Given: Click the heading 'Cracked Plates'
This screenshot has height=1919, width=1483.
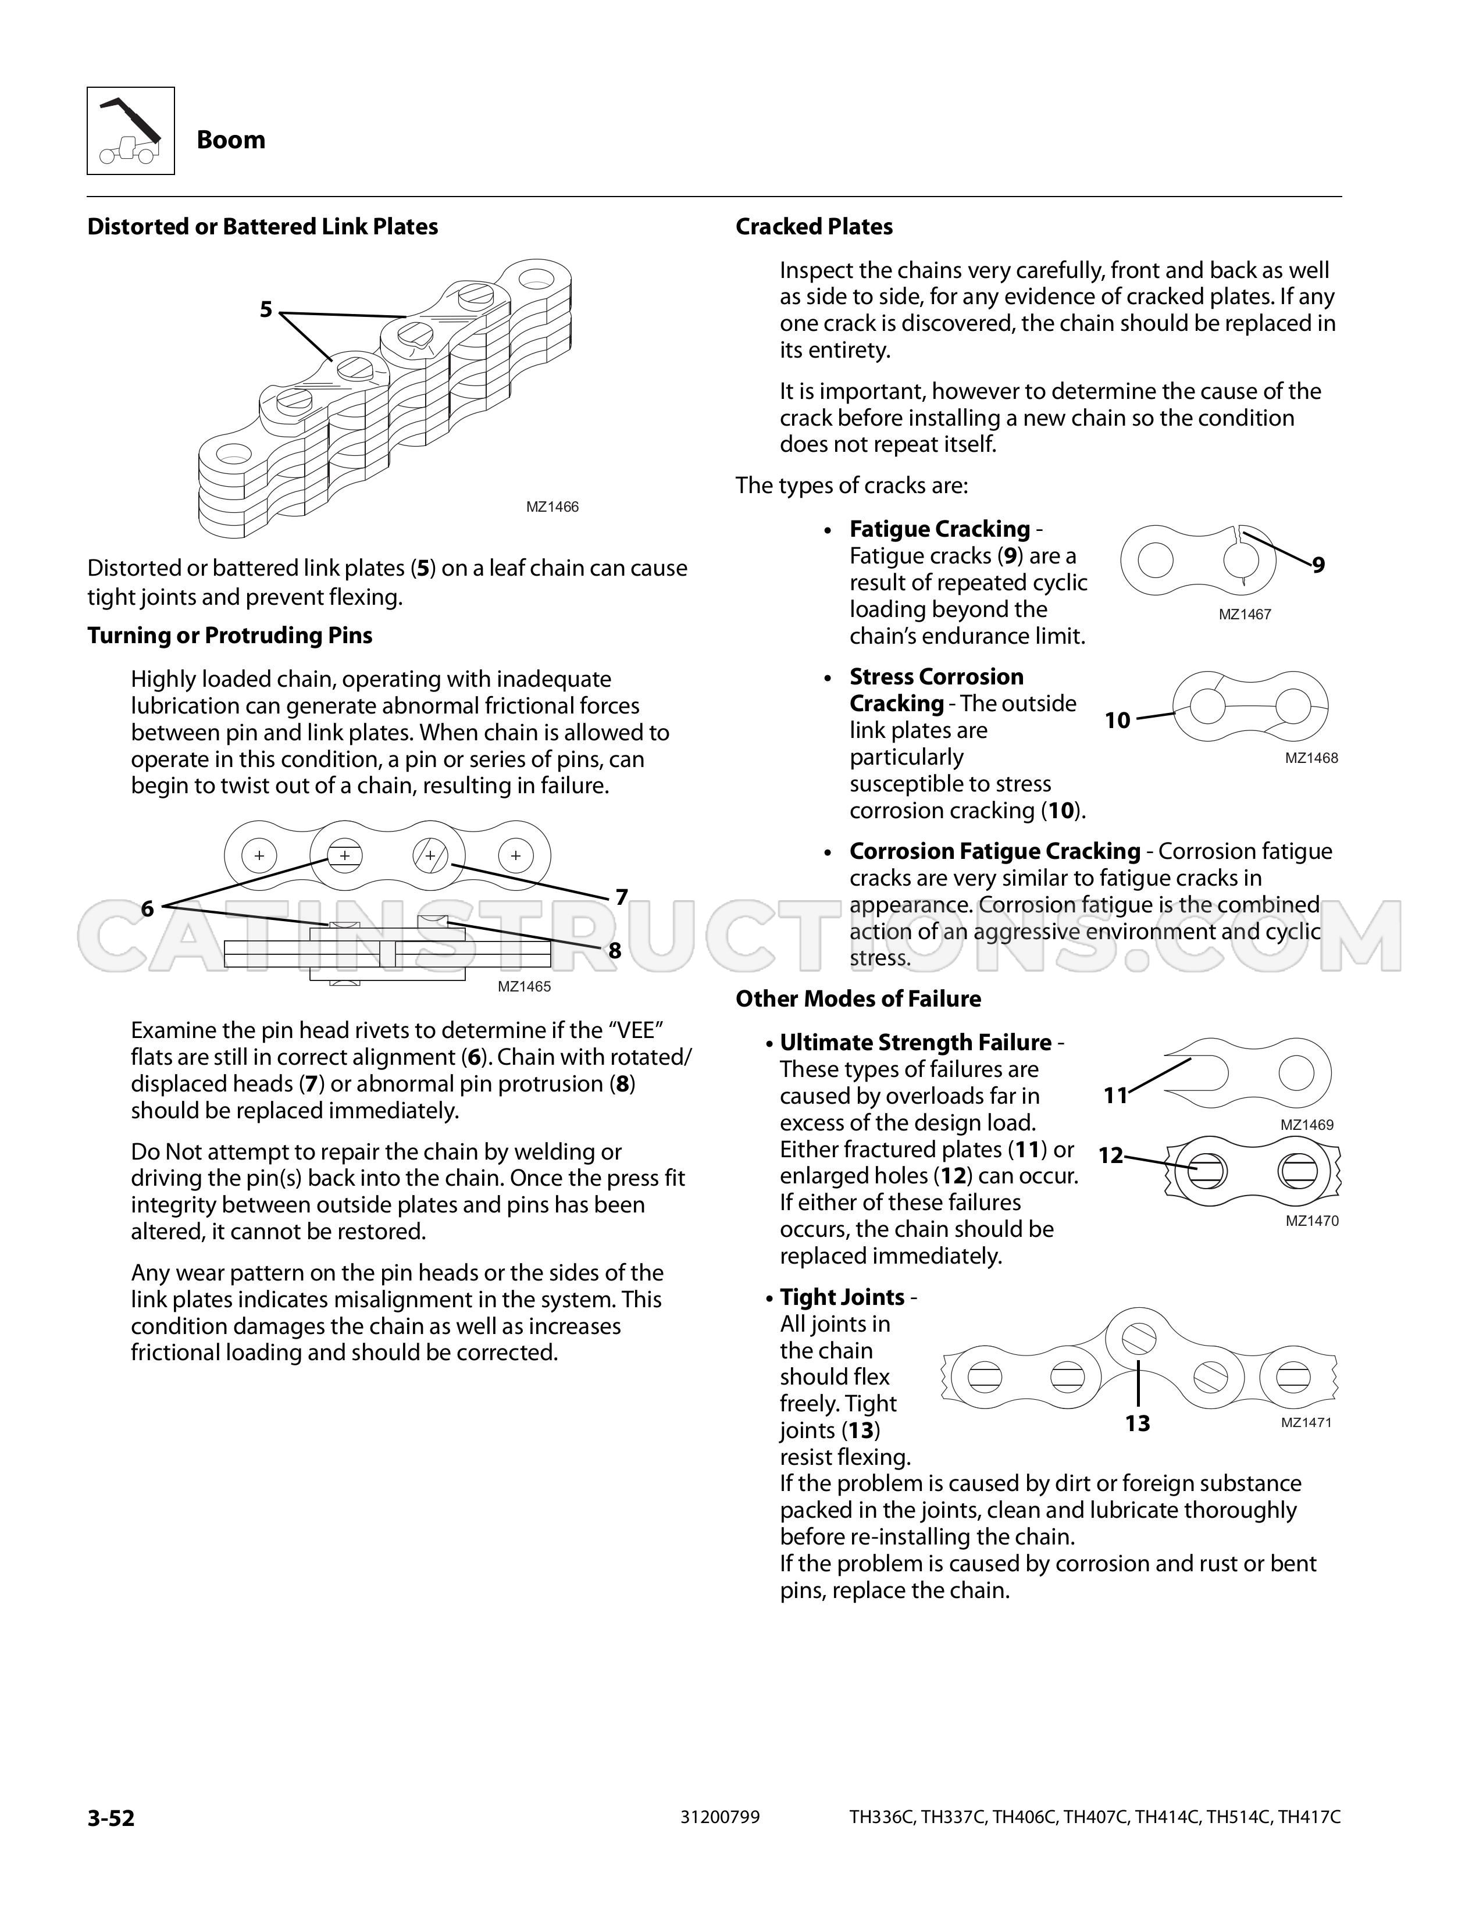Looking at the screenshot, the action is [814, 227].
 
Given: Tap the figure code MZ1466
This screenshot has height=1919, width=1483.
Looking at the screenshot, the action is [552, 507].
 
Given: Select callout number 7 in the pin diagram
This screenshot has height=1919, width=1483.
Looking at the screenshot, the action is [621, 897].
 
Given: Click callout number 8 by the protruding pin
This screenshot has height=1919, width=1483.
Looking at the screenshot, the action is [615, 951].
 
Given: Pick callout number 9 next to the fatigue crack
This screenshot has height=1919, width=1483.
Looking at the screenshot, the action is [1319, 566].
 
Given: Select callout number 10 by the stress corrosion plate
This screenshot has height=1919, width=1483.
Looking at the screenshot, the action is [1118, 720].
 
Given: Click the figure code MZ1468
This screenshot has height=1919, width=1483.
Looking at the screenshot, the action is [1311, 758].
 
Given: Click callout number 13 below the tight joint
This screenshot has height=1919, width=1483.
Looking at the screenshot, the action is [1138, 1424].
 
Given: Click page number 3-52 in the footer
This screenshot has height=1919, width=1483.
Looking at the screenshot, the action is [110, 1817].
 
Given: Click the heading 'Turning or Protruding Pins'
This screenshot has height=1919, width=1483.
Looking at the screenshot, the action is [229, 635].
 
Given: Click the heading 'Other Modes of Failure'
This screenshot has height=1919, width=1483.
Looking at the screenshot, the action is [858, 999].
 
